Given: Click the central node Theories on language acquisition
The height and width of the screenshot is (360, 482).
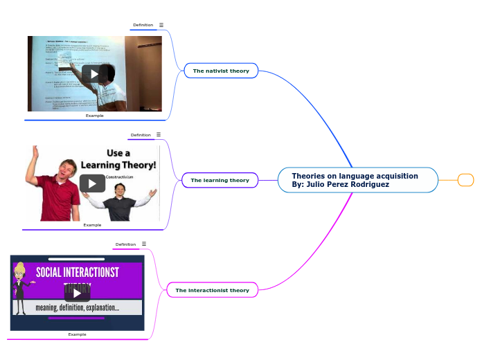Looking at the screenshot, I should tap(357, 180).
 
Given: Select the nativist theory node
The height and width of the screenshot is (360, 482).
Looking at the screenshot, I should tap(221, 71).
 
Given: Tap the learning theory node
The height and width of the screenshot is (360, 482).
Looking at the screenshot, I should tap(220, 180).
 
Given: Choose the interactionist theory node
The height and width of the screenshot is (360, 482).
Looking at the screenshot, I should tap(212, 290).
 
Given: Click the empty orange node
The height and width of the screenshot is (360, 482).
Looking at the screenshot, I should tap(466, 180).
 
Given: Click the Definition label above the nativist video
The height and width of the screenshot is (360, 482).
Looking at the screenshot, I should tap(143, 25).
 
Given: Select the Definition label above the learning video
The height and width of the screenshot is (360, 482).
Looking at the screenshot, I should tap(141, 135).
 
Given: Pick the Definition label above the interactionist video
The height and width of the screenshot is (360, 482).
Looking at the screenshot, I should tap(125, 244).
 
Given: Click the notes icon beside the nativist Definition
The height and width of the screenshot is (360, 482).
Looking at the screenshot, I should tap(161, 25).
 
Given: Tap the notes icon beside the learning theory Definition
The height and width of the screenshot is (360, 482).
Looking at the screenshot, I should tap(159, 135).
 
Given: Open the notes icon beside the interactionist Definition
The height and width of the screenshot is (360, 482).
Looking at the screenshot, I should tap(144, 244).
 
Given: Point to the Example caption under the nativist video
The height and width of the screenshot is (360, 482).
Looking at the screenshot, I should tap(95, 116).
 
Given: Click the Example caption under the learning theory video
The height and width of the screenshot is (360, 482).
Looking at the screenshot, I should tap(92, 225).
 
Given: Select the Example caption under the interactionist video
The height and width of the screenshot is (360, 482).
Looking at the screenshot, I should tap(77, 334).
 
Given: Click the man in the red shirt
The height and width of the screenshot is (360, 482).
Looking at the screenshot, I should tap(58, 190).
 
